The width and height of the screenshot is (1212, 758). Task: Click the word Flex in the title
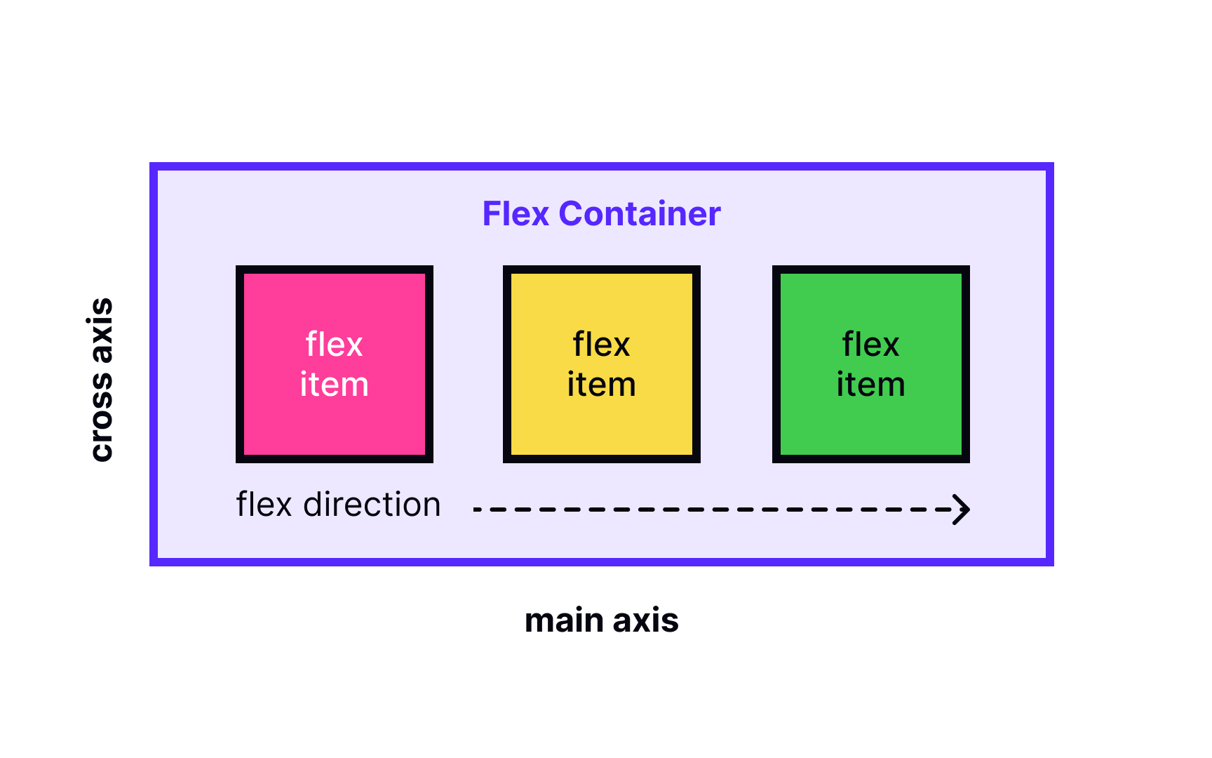[x=515, y=214]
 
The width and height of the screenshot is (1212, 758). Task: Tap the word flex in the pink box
[x=334, y=345]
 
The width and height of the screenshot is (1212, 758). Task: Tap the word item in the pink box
[x=334, y=385]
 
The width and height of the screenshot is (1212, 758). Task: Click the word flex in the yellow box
[x=601, y=345]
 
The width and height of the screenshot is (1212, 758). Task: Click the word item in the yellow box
[x=601, y=385]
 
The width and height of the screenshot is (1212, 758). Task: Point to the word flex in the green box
[x=870, y=345]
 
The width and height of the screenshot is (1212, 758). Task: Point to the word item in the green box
[x=870, y=385]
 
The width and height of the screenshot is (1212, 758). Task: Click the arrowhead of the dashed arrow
[x=962, y=509]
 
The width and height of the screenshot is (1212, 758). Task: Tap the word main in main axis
[x=564, y=621]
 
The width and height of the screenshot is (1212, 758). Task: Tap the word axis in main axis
[x=645, y=621]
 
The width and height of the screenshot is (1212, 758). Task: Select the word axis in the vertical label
[x=102, y=330]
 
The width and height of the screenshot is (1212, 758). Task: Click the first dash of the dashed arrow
[x=477, y=509]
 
